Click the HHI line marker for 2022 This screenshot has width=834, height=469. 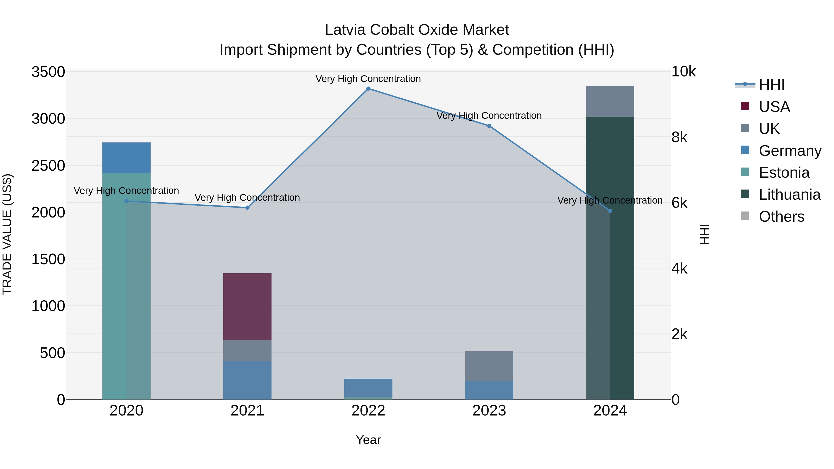368,89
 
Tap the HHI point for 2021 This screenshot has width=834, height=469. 247,208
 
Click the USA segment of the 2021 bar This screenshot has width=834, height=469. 247,306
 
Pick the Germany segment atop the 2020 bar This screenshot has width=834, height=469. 126,158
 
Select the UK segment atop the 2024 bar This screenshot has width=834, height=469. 610,101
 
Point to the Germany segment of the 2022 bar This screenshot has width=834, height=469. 368,387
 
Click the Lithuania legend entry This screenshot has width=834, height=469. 789,195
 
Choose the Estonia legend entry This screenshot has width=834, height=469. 784,173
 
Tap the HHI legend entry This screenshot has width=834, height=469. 771,85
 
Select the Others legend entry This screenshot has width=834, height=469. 781,217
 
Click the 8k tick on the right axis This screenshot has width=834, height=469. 679,138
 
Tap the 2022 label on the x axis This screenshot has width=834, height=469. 368,411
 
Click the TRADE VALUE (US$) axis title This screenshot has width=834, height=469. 7,234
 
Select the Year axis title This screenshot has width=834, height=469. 368,440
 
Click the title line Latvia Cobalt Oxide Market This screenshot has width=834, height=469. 417,30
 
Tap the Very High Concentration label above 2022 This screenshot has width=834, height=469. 368,79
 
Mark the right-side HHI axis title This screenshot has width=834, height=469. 704,234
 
